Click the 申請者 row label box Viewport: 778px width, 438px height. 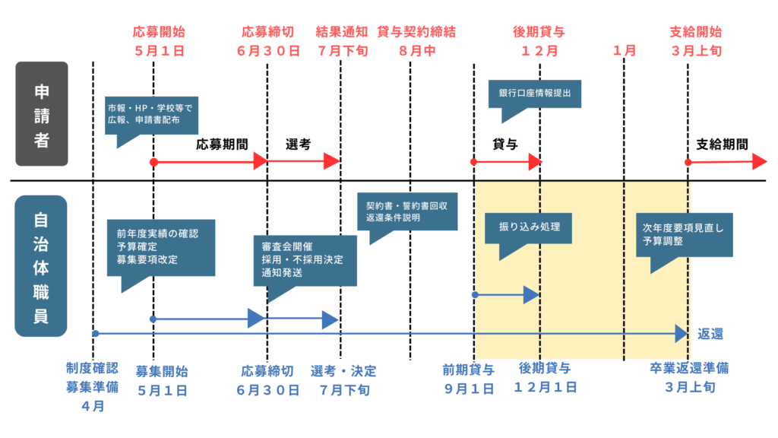coord(42,114)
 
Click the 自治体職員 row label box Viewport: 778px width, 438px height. coord(42,266)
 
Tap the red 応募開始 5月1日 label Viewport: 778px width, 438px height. coord(158,42)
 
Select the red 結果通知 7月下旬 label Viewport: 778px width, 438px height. coord(341,42)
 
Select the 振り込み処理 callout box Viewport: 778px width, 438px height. coord(528,227)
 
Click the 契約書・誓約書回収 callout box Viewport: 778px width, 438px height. coord(411,211)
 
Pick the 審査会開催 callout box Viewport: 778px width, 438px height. coord(305,259)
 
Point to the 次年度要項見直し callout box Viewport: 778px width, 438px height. coord(684,233)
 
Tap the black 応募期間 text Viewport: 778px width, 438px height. coord(222,144)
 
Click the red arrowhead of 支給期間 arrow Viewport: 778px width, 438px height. coord(759,161)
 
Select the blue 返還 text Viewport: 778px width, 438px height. coord(710,334)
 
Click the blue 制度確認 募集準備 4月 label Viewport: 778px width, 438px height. coord(92,387)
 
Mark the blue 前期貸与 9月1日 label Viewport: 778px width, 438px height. coord(469,379)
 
